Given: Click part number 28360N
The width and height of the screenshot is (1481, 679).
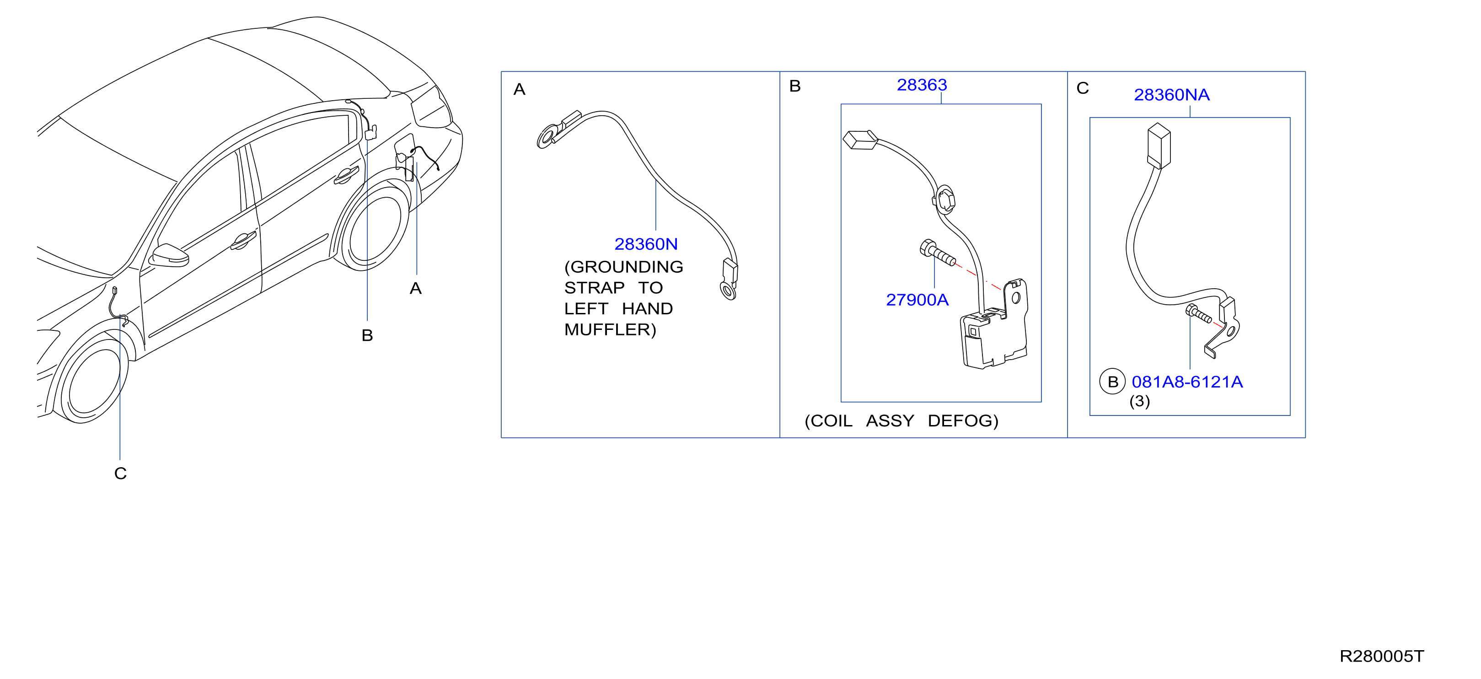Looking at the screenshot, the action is pyautogui.click(x=646, y=244).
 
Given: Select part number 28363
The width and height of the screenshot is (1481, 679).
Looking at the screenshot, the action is pyautogui.click(x=922, y=85).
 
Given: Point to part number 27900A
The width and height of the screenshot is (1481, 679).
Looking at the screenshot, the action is pyautogui.click(x=917, y=300).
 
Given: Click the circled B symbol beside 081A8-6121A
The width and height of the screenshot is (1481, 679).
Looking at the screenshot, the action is pyautogui.click(x=1112, y=382).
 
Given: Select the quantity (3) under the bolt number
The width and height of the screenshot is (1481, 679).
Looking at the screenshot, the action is pyautogui.click(x=1139, y=401).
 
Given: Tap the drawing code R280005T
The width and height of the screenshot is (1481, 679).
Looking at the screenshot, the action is pyautogui.click(x=1382, y=657).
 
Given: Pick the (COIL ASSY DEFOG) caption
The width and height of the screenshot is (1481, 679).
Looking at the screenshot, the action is pyautogui.click(x=901, y=421).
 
